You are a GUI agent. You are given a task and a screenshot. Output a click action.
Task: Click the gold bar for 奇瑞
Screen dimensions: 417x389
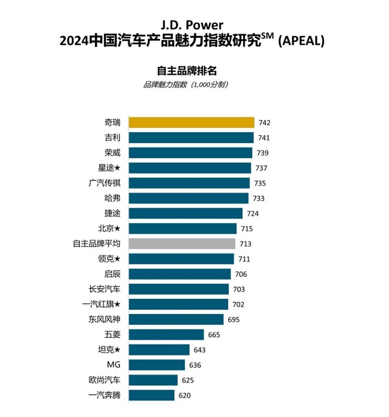coord(191,122)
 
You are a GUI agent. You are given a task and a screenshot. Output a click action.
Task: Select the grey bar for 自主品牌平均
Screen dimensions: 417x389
coord(182,244)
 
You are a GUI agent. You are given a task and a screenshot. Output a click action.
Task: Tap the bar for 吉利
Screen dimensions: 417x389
coord(191,138)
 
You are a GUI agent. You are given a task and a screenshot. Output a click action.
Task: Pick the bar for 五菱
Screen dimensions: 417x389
coord(166,334)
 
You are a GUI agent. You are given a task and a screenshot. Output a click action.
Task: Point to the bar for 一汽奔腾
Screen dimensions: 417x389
coord(152,395)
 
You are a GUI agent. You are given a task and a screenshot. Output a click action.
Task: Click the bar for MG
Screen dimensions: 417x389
coord(157,365)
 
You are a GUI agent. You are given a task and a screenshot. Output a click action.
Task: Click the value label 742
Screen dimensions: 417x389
coord(264,123)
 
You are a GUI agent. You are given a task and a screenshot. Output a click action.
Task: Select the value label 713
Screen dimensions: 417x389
coord(245,244)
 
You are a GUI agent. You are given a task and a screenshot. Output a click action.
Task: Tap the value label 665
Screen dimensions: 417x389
coord(214,335)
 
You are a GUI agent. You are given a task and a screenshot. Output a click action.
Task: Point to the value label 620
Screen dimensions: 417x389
coord(184,395)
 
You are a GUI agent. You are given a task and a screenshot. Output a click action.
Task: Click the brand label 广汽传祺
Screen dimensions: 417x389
coord(105,183)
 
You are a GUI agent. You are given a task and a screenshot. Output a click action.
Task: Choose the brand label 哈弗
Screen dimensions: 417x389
coord(112,198)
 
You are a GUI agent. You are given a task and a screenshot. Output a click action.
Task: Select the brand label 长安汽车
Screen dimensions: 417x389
coord(105,289)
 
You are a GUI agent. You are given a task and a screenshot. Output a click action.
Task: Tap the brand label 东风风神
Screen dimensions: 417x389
coord(105,319)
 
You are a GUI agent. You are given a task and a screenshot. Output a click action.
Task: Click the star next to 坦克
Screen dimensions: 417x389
coord(117,350)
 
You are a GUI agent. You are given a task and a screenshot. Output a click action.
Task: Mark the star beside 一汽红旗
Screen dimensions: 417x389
coord(117,304)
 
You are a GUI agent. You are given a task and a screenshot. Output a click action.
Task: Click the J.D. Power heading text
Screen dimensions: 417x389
coord(192,25)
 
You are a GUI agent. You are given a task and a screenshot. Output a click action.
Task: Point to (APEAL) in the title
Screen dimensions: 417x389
coord(301,41)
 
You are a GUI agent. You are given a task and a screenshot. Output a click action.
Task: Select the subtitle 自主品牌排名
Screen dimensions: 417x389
coord(186,71)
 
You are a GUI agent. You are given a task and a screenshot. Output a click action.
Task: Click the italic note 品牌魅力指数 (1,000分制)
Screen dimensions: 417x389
coord(186,85)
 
